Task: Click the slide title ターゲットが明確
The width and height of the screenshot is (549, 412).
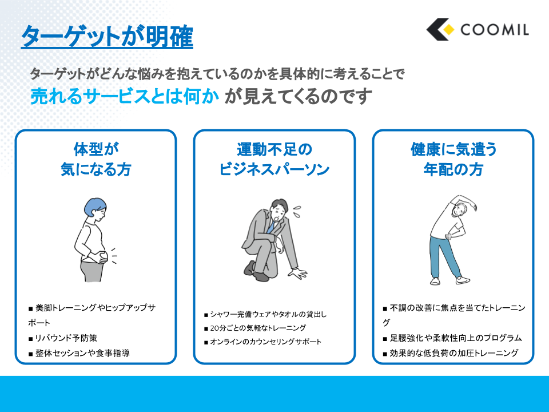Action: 107,36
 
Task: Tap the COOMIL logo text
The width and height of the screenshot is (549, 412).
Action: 494,30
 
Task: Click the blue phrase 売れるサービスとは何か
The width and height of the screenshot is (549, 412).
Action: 125,96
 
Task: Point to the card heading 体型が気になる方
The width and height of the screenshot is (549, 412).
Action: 96,159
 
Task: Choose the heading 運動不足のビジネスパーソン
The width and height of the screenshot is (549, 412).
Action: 274,159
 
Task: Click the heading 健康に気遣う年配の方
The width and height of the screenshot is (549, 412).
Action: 453,159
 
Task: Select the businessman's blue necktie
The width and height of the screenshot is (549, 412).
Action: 270,227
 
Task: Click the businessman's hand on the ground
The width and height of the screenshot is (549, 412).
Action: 298,273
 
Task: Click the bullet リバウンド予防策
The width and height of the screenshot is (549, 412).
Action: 63,338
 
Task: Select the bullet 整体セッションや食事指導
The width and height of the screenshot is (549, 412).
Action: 79,353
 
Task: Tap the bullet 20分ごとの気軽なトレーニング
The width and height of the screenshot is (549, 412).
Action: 255,328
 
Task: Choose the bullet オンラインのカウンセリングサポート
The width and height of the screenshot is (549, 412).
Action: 262,342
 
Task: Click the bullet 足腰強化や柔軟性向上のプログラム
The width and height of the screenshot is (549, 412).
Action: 452,338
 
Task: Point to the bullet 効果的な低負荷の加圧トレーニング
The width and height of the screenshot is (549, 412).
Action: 451,353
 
